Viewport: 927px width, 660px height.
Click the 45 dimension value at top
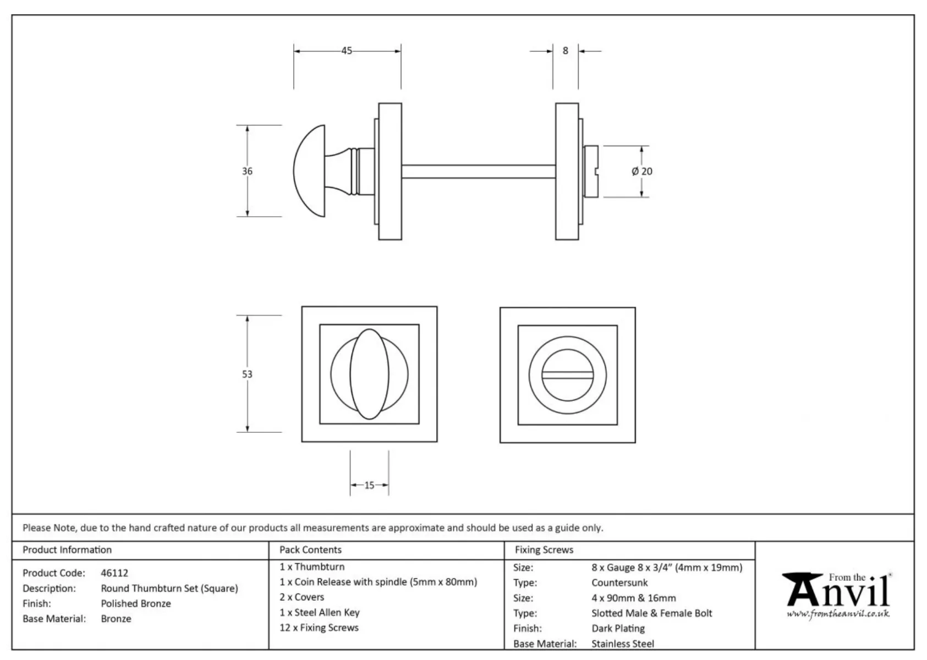click(x=347, y=51)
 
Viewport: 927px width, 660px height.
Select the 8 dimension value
click(x=565, y=51)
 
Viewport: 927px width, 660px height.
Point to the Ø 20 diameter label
click(x=642, y=171)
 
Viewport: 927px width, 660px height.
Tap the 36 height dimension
click(x=247, y=171)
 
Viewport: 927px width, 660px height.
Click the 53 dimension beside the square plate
click(x=247, y=374)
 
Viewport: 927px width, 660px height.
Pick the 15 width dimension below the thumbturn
click(x=369, y=485)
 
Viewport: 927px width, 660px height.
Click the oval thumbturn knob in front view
click(x=369, y=374)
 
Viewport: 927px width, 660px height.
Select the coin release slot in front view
click(x=567, y=375)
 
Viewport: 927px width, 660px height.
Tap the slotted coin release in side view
click(x=591, y=171)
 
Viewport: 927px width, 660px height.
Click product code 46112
click(x=114, y=573)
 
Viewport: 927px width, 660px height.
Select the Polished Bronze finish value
click(x=136, y=603)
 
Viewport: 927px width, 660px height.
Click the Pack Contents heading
click(x=310, y=549)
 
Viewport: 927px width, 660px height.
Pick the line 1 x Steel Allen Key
click(x=319, y=612)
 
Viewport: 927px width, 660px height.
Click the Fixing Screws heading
click(x=544, y=549)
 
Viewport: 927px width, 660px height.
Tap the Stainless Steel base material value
click(x=623, y=643)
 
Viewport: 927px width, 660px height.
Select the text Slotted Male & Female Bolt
click(x=651, y=613)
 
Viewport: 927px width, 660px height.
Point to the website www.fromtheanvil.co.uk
click(x=838, y=614)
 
